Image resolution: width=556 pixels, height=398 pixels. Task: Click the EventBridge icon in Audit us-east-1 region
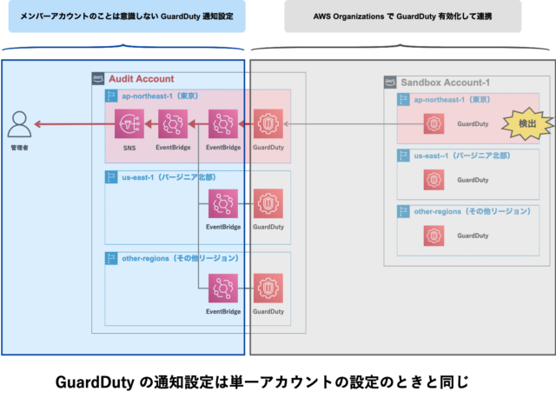point(223,204)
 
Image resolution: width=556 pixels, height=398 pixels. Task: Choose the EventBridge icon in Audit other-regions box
point(223,288)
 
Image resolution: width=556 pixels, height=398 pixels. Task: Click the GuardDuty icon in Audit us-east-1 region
point(267,204)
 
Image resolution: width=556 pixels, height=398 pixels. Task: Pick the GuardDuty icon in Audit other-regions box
point(267,288)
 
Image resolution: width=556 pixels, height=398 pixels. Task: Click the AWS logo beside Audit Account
point(98,79)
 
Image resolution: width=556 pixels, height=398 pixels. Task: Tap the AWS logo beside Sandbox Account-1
point(390,83)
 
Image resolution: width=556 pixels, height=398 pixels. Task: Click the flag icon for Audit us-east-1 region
point(111,177)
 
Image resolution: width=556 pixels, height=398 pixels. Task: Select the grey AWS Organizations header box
point(402,17)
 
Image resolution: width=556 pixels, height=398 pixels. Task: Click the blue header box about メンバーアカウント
point(126,17)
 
